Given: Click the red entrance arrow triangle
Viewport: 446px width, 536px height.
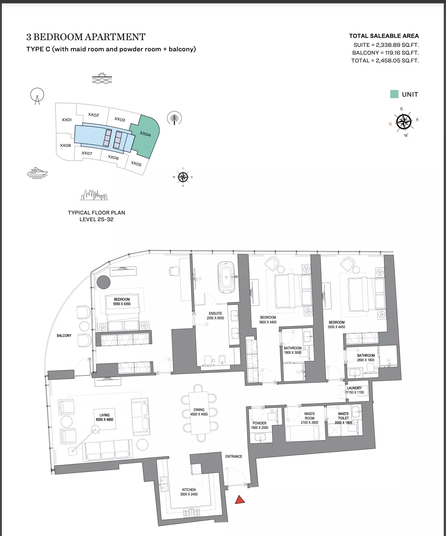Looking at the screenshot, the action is [x=240, y=500].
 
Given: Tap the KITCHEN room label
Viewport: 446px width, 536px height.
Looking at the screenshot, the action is [x=189, y=490].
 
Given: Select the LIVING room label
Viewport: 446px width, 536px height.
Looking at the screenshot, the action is [x=104, y=415].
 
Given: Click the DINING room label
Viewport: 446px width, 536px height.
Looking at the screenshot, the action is [x=199, y=410].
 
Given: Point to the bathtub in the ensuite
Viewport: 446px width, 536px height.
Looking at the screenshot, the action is [x=226, y=277].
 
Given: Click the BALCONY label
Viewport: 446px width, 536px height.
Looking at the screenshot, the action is [x=64, y=336].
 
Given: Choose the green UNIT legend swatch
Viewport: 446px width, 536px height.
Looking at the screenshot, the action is [x=394, y=94].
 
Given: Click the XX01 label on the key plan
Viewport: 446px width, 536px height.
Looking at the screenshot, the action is [x=67, y=120].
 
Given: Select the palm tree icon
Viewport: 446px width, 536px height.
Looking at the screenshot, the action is [x=174, y=118].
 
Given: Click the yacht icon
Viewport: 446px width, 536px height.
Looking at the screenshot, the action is [x=37, y=172].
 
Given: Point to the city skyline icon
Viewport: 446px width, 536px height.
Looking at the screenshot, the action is [x=94, y=195].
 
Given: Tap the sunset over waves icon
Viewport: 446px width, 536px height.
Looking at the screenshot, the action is [x=102, y=78].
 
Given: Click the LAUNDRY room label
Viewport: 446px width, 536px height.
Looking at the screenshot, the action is [x=354, y=388].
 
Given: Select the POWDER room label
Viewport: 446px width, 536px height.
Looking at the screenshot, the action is [x=259, y=423].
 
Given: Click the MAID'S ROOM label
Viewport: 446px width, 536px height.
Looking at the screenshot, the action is [x=309, y=416].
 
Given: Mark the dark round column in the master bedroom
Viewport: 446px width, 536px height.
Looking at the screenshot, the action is [x=104, y=282].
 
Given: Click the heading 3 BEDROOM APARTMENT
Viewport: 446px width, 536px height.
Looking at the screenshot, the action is [x=86, y=37].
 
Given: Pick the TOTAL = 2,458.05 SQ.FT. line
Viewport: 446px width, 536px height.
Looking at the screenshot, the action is [x=385, y=61].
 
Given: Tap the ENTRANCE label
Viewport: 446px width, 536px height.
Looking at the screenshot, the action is [x=234, y=456].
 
